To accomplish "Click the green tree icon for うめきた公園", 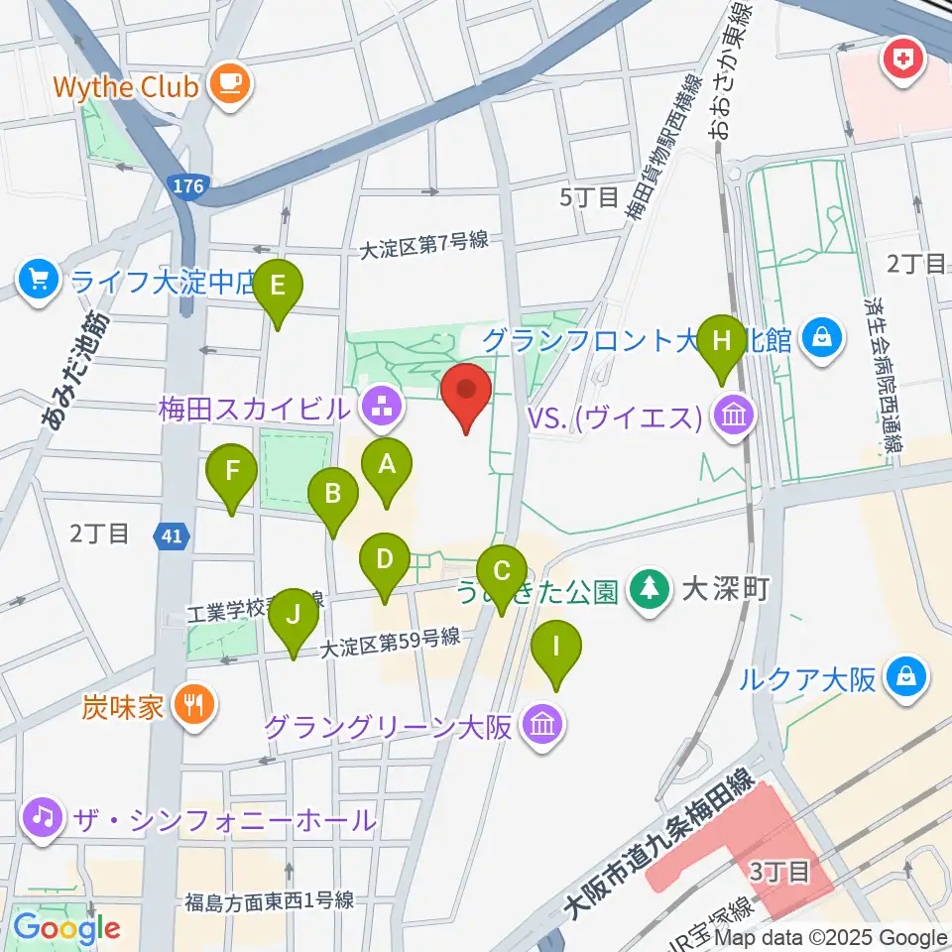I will [x=650, y=591].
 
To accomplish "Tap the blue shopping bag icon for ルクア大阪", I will [x=907, y=679].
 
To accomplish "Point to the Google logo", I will [x=66, y=928].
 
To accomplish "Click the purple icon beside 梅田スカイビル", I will [x=378, y=407].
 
